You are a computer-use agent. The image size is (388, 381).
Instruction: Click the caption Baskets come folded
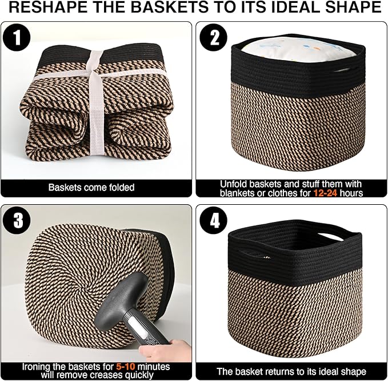point(91,188)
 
